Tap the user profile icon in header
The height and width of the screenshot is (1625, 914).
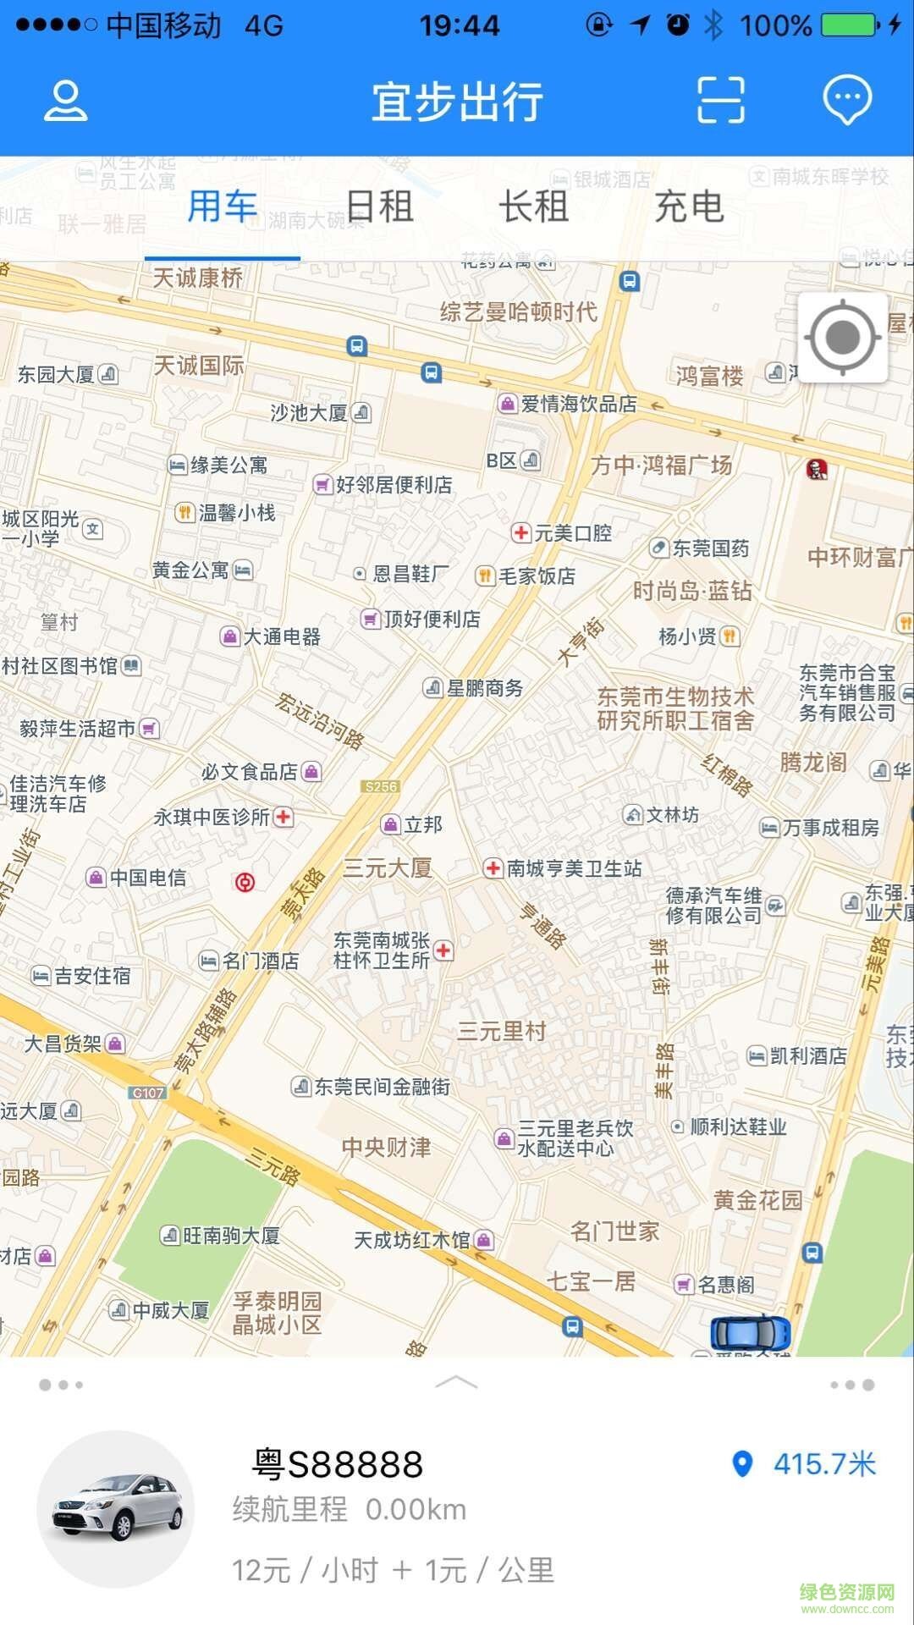tap(65, 101)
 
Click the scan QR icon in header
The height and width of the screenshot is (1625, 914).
tap(720, 100)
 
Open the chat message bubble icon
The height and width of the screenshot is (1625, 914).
tap(847, 100)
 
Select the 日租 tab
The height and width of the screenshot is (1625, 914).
tap(379, 207)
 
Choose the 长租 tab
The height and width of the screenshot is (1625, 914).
tap(533, 207)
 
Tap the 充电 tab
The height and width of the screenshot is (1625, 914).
tap(689, 207)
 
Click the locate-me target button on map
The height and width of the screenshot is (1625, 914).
tap(843, 338)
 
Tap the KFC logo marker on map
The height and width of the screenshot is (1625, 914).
tap(817, 468)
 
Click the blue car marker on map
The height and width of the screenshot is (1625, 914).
tap(750, 1333)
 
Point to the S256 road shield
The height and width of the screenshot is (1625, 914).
tap(380, 786)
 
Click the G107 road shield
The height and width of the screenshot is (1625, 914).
tap(148, 1093)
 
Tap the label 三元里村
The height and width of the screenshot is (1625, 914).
tap(502, 1031)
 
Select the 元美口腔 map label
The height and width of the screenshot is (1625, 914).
tap(572, 533)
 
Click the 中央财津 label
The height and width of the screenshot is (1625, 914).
tap(387, 1147)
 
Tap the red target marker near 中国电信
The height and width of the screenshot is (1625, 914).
tap(245, 883)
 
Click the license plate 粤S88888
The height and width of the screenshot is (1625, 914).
tap(339, 1464)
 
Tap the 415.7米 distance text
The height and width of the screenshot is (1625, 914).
tap(823, 1464)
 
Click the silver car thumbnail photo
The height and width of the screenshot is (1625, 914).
tap(117, 1508)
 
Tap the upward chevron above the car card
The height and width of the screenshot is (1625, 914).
tap(456, 1383)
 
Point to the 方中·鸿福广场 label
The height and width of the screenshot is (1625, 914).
tap(662, 465)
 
